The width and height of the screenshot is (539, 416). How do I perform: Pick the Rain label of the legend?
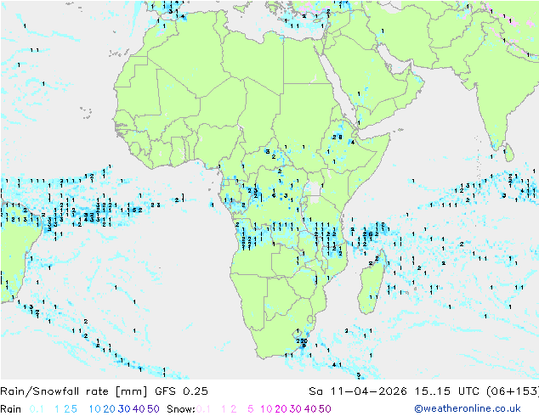(x=11, y=408)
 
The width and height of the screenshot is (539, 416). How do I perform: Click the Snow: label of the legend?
(x=182, y=408)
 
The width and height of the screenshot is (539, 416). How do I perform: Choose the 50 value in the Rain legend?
(x=153, y=408)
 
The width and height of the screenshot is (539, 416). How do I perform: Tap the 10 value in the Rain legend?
(x=95, y=408)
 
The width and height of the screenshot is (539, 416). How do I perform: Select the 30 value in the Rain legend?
(x=124, y=408)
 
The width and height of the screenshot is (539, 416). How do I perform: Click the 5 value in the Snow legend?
(x=251, y=408)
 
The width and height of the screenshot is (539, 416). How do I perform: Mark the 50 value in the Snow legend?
(x=325, y=408)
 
